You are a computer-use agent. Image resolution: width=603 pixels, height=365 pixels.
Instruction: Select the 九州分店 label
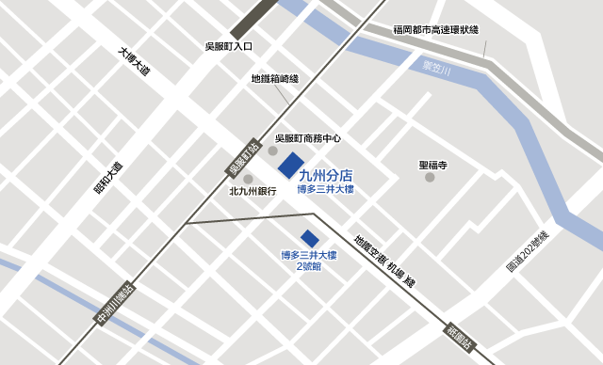pyautogui.click(x=325, y=174)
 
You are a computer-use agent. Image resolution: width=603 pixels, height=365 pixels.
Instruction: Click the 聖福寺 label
pyautogui.click(x=432, y=165)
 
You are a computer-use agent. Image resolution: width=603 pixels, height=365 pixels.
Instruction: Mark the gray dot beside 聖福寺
pyautogui.click(x=430, y=177)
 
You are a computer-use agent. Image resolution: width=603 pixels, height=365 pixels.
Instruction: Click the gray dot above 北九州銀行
pyautogui.click(x=249, y=179)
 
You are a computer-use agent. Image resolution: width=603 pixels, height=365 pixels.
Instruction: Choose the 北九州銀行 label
pyautogui.click(x=253, y=192)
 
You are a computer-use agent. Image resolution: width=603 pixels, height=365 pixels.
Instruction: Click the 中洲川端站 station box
pyautogui.click(x=116, y=306)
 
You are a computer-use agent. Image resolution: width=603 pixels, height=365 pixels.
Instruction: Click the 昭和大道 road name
pyautogui.click(x=106, y=177)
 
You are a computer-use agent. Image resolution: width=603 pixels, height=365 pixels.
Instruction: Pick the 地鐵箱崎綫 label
pyautogui.click(x=275, y=80)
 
